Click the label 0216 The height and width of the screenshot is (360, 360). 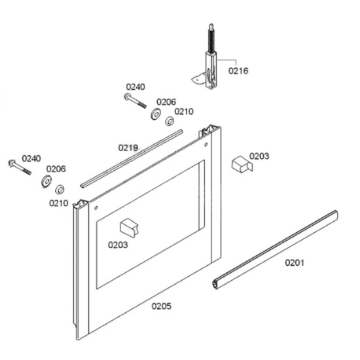click(238, 71)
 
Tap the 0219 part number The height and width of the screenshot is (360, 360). click(128, 148)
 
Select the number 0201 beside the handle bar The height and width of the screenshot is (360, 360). click(295, 262)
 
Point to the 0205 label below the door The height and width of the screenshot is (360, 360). click(162, 306)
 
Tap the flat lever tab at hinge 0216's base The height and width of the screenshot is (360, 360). click(198, 79)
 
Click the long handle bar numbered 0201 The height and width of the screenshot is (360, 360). click(275, 249)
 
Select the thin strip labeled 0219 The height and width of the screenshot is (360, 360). click(132, 158)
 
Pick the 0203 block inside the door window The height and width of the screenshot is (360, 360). click(129, 227)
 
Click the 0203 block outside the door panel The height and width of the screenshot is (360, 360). click(242, 164)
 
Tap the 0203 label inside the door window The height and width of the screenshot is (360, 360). click(118, 245)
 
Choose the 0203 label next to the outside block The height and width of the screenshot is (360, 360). click(259, 156)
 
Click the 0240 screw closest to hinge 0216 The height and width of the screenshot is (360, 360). click(135, 101)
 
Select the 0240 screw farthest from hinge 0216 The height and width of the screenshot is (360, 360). click(20, 167)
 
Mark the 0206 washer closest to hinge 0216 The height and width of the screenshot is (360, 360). click(156, 114)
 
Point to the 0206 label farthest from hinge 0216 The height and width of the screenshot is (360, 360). click(56, 169)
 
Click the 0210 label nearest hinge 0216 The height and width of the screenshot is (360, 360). click(184, 111)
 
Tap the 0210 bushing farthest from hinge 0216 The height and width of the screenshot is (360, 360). click(60, 189)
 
